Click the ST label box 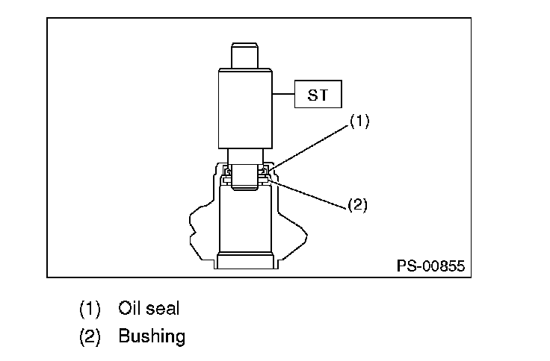[318, 95]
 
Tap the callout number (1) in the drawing [360, 122]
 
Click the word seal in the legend [164, 308]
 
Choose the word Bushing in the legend [152, 336]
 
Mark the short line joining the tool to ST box [284, 95]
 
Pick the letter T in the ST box [324, 95]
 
